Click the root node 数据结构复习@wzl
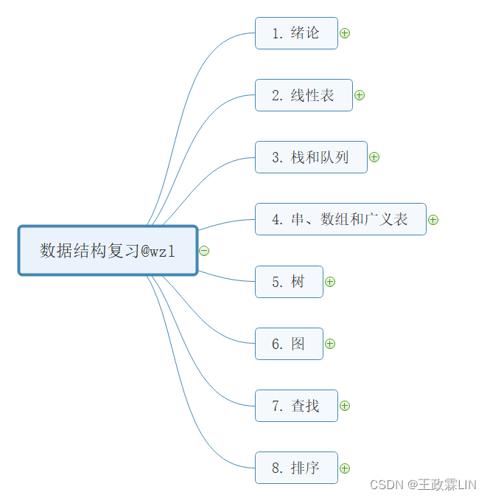(108, 251)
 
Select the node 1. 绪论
(296, 33)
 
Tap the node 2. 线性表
(304, 95)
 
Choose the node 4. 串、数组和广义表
(340, 219)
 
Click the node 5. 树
(289, 282)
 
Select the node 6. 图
(289, 344)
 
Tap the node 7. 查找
(296, 406)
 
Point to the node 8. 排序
(296, 468)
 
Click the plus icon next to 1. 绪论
(345, 33)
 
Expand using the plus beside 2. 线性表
(360, 95)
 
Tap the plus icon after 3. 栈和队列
(374, 157)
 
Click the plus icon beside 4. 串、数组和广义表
(433, 219)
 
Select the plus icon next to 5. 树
(330, 282)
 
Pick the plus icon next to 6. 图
(330, 344)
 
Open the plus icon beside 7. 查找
(345, 406)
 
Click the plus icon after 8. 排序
(345, 468)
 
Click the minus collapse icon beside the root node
(204, 251)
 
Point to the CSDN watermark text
(423, 485)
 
